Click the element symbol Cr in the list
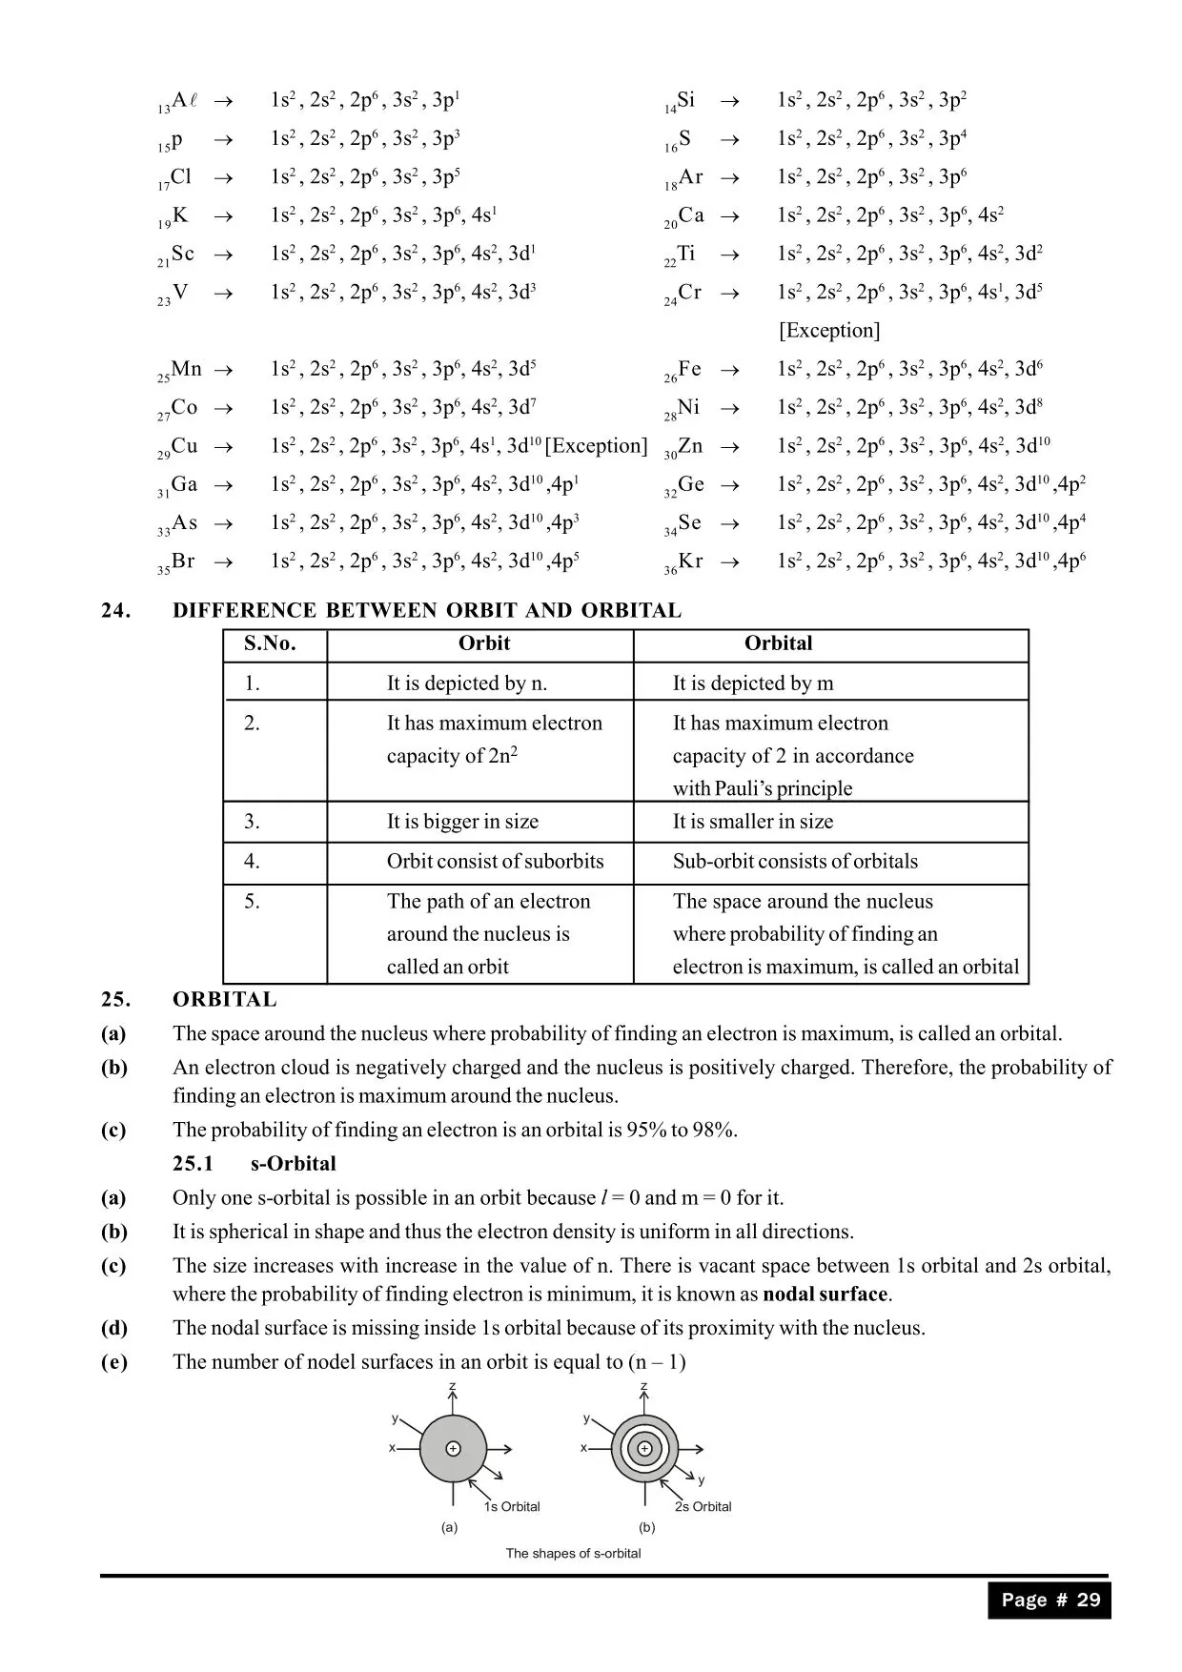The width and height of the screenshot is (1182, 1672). pos(689,293)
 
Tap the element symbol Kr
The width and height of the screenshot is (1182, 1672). pos(690,561)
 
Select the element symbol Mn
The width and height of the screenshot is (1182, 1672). pos(186,369)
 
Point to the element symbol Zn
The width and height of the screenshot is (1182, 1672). pos(689,446)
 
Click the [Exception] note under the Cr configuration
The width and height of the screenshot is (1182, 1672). pos(829,331)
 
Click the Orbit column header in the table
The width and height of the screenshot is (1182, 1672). pos(484,643)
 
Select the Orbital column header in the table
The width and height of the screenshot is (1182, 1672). pos(778,643)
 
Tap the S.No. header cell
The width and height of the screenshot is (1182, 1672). pos(270,643)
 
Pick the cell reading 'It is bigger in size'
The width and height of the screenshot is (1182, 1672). pos(462,822)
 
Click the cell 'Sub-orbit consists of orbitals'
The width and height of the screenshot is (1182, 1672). pos(795,862)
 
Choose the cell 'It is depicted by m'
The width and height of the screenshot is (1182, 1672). pos(753,683)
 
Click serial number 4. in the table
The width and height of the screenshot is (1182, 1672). pos(252,862)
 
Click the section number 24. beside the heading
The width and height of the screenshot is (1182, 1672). pos(116,611)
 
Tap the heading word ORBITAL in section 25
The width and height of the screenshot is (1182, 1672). pos(225,1000)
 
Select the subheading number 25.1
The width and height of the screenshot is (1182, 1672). pos(194,1164)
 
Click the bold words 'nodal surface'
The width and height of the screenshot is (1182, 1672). pos(825,1295)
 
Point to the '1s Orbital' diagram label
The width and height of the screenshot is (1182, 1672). pos(512,1507)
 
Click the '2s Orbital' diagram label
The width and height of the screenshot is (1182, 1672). pos(703,1507)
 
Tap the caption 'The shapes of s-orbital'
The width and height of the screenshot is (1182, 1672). pos(573,1554)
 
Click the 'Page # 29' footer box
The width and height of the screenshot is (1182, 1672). pos(1050,1601)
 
